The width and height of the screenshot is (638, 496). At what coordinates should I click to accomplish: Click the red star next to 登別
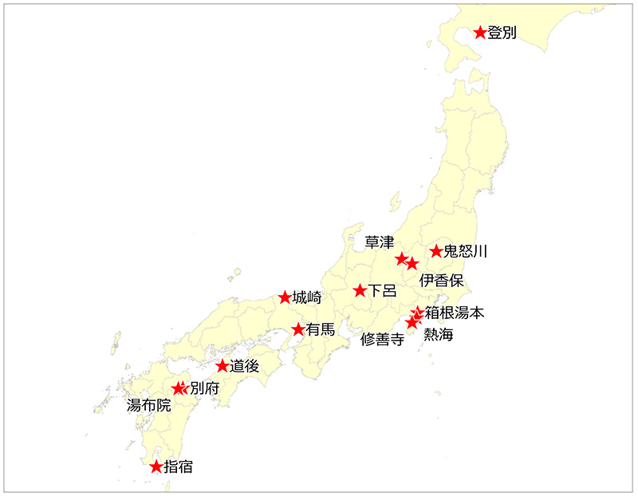point(480,32)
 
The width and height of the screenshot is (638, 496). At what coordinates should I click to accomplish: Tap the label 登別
point(502,33)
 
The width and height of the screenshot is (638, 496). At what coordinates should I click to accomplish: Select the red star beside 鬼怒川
point(436,251)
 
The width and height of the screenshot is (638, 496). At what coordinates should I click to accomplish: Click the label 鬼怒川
point(465,252)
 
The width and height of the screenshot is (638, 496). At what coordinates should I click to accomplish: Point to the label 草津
point(380,242)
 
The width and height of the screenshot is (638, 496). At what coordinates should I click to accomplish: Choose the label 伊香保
point(441,280)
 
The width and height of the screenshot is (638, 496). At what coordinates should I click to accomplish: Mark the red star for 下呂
point(360,290)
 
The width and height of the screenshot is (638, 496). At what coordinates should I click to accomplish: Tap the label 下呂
point(382,291)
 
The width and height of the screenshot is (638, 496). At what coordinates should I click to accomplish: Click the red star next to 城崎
point(285,297)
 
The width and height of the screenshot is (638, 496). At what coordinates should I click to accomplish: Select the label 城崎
point(307,298)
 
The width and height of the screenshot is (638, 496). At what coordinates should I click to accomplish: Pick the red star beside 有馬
point(298,329)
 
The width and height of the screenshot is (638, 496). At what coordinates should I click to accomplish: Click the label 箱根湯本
point(455,313)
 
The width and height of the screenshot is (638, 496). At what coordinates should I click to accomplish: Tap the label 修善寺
point(382,339)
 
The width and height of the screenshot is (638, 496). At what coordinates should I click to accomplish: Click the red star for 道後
point(223,366)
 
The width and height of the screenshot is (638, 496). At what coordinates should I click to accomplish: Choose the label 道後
point(245,367)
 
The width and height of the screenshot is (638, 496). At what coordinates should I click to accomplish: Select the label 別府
point(205,389)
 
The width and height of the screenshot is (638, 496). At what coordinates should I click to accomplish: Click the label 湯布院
point(149,405)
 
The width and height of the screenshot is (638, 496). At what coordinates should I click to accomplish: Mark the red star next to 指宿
point(156,466)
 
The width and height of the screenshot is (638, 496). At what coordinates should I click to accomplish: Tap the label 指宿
point(178,467)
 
